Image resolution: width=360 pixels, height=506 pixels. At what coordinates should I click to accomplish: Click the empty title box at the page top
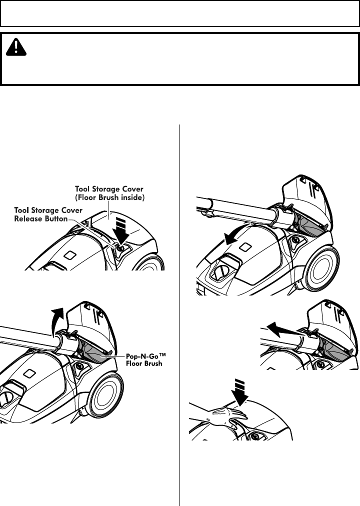180,13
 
